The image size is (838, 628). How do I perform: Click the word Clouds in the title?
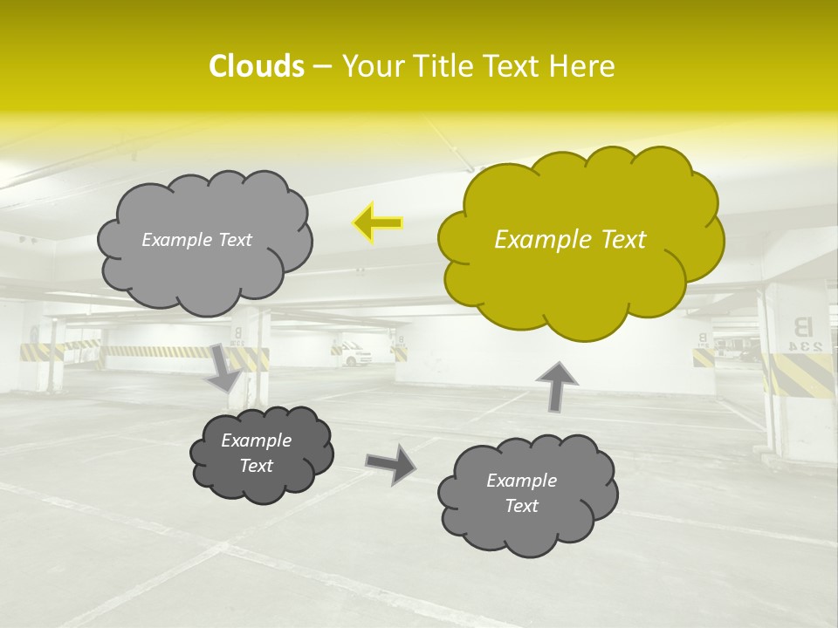coord(256,66)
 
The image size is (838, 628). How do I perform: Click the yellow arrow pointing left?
coord(377,223)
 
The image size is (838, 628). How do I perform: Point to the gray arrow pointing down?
coord(225,367)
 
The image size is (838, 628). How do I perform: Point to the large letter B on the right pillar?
coord(800,326)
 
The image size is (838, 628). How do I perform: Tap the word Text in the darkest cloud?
coord(257,466)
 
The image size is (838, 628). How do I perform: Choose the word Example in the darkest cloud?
coord(257,440)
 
